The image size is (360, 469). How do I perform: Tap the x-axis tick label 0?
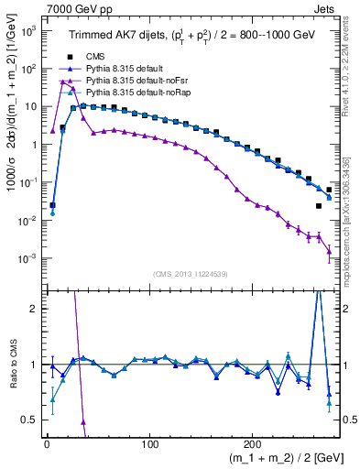point(47,438)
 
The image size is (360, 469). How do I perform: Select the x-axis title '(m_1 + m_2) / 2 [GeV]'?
point(276,455)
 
